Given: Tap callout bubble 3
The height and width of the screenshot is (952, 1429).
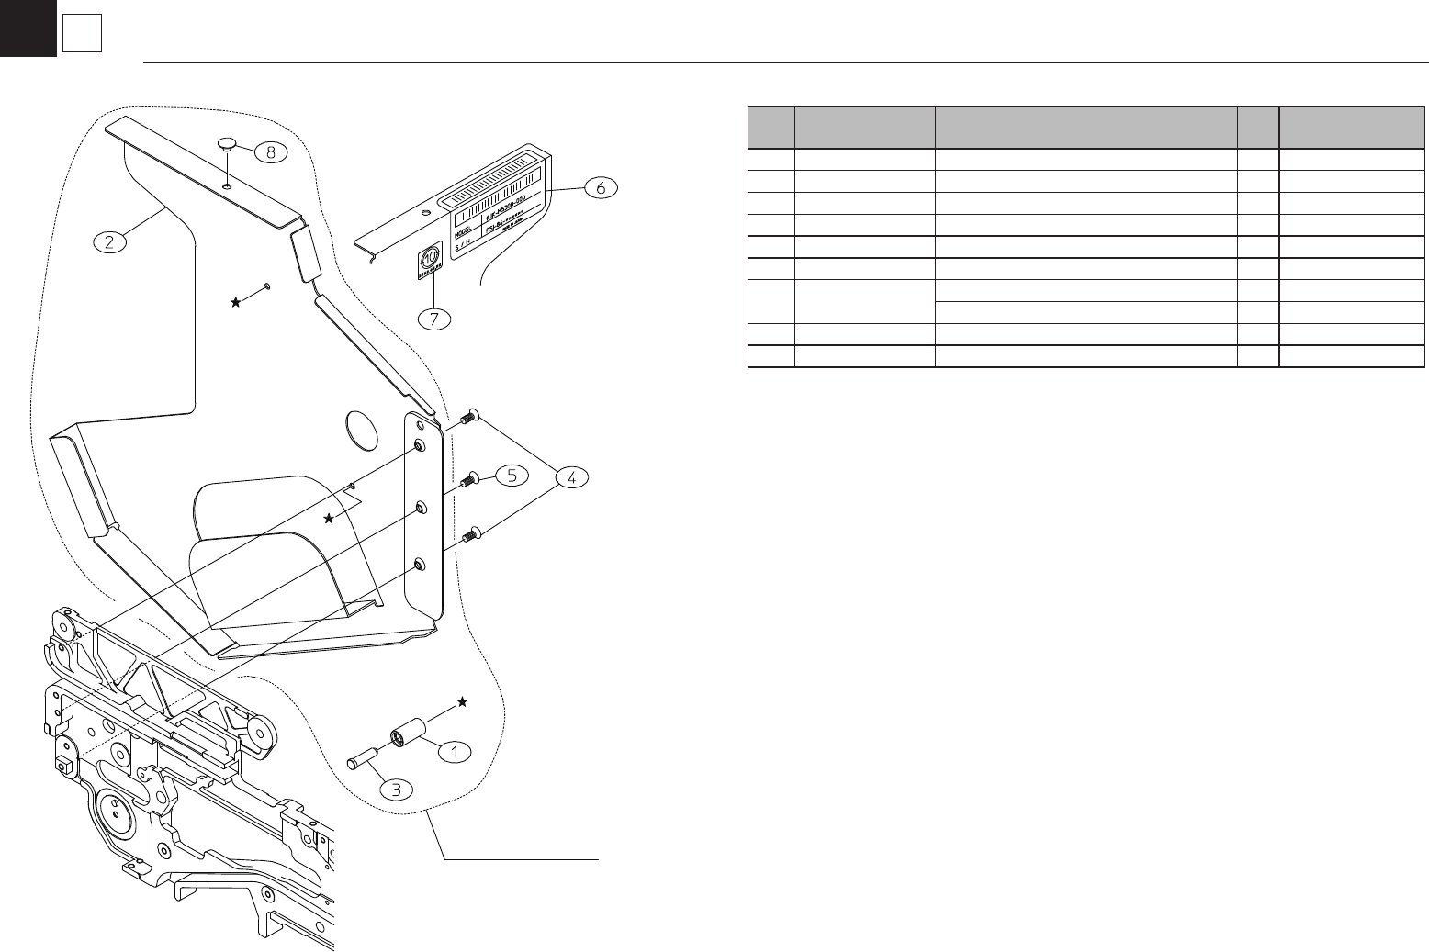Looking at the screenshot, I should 398,788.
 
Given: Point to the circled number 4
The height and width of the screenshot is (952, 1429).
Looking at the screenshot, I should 571,477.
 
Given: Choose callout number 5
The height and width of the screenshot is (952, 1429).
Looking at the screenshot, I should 511,475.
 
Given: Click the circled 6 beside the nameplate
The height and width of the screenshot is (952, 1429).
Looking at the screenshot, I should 601,187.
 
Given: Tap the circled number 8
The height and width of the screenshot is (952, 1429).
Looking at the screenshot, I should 270,152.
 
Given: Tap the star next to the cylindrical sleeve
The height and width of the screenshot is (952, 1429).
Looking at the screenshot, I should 462,701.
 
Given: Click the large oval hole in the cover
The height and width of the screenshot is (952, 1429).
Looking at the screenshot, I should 361,427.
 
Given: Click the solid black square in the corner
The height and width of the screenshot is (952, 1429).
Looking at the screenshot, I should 28,28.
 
